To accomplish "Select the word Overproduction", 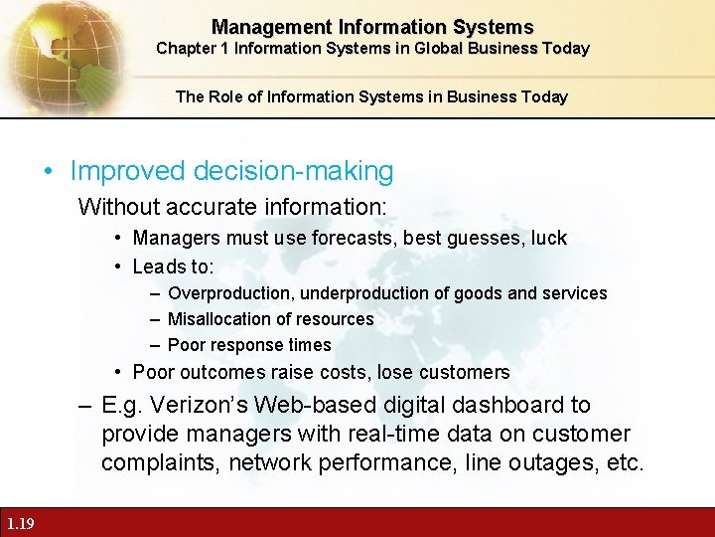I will (x=230, y=293).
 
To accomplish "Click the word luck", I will (x=548, y=238).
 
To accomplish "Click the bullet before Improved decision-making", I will (x=49, y=171).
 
